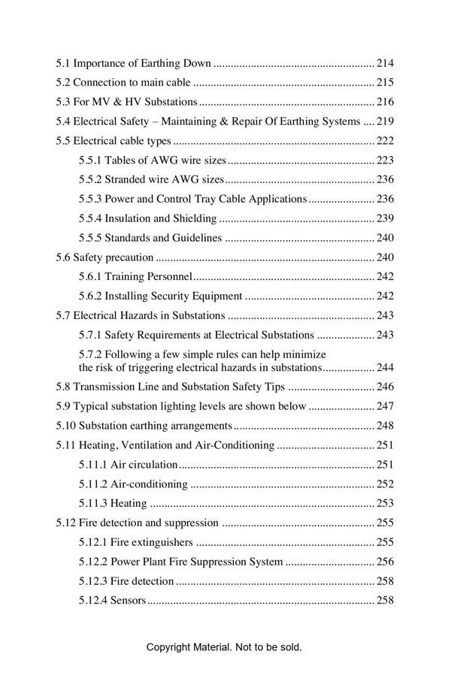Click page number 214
coord(385,63)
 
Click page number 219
coord(385,122)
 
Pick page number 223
coord(385,161)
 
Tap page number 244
coord(385,369)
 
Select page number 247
coord(385,408)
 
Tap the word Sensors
coord(128,601)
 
